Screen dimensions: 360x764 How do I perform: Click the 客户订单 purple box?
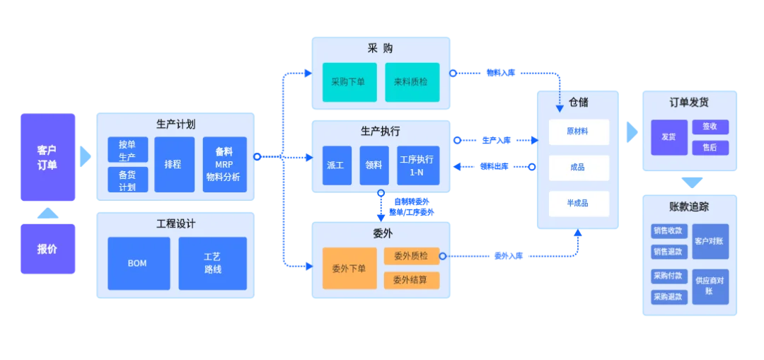47,158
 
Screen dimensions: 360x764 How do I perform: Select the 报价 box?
47,248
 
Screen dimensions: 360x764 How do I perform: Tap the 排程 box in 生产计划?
173,164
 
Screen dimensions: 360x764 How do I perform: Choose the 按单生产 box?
127,150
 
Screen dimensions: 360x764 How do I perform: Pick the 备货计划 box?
127,180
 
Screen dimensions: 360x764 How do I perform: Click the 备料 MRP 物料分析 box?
224,164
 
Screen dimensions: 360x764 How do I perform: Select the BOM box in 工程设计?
138,263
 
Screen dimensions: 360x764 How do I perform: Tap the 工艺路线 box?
212,263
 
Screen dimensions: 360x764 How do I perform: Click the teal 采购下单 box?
349,82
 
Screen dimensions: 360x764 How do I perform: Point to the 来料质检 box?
412,82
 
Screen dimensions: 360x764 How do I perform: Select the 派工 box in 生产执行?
336,166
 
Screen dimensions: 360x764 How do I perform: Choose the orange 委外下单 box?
349,268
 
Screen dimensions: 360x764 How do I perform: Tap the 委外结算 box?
411,279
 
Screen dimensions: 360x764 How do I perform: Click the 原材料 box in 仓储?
578,132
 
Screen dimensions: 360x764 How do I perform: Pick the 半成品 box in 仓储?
578,204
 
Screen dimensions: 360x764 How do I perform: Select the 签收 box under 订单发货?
705,127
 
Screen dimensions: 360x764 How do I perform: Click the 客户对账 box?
710,240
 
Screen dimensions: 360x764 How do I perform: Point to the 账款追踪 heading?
689,207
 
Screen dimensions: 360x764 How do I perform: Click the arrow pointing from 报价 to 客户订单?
47,212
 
